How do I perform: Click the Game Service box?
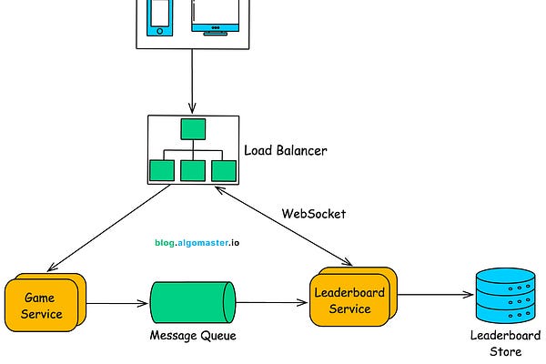[42, 305]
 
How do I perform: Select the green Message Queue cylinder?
[192, 304]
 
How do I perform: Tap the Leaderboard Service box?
[349, 299]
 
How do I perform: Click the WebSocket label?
[314, 214]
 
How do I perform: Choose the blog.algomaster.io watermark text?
[197, 244]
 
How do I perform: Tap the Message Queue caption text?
[192, 337]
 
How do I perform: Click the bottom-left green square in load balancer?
[162, 170]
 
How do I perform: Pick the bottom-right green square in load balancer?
[224, 170]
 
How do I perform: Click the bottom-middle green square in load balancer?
[193, 170]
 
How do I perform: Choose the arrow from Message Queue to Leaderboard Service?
[270, 303]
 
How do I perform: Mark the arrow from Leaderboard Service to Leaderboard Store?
[434, 296]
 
